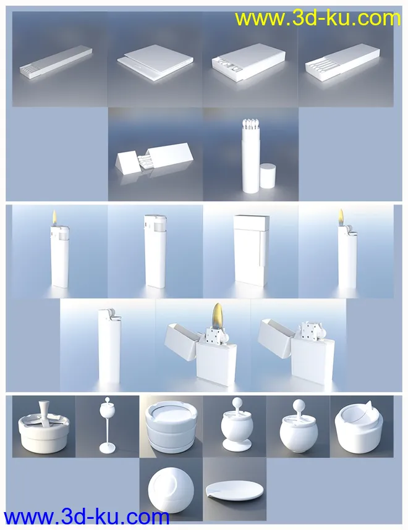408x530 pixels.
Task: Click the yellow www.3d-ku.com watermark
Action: click(x=318, y=19)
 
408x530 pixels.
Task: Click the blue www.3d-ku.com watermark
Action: click(x=87, y=517)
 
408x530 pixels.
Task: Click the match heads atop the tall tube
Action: click(x=251, y=125)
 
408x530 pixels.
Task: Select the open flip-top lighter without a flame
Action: click(x=297, y=351)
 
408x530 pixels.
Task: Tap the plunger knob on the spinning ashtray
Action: click(x=45, y=410)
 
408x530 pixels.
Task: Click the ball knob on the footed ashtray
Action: click(x=237, y=403)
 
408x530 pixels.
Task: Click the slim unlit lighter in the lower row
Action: click(x=109, y=346)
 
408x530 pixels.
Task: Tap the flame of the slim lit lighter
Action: click(x=341, y=217)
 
